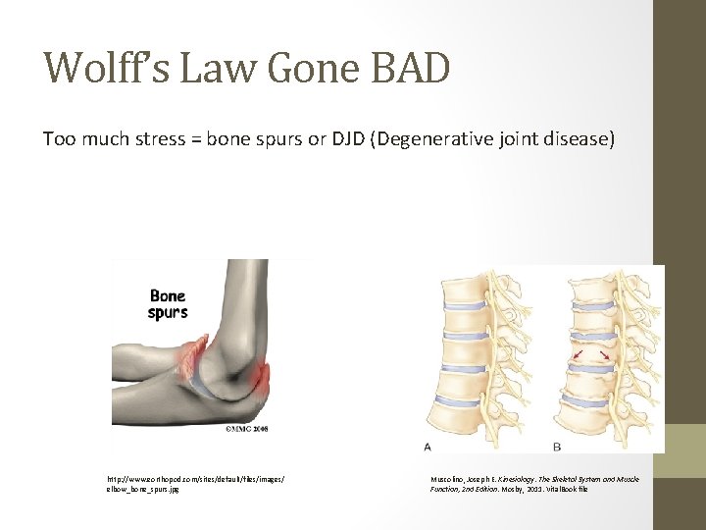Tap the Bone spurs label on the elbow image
[x=168, y=304]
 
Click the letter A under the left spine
[x=428, y=447]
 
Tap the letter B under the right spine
[x=557, y=447]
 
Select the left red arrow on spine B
[x=579, y=352]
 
